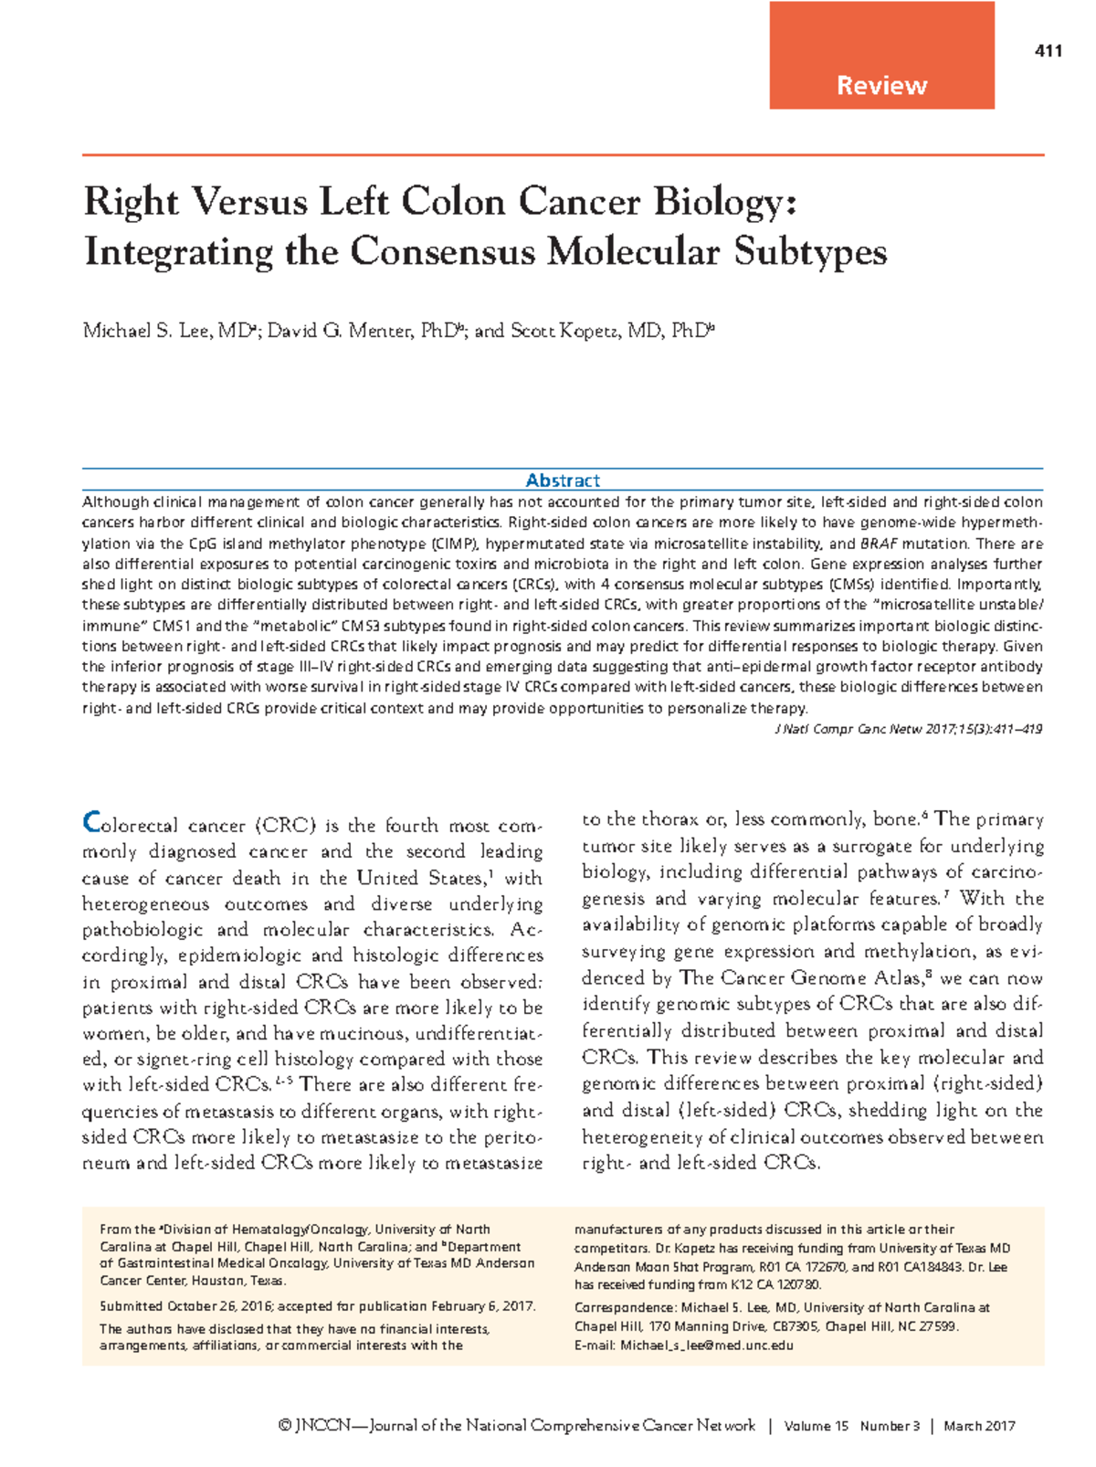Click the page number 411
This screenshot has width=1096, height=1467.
(x=1049, y=51)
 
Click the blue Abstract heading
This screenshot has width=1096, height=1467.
(x=563, y=480)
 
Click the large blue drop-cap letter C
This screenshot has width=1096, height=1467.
(x=91, y=822)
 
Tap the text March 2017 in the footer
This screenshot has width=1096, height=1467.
(x=979, y=1426)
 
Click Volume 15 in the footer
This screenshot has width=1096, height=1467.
(x=816, y=1426)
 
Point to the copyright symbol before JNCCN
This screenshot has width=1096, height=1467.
(x=285, y=1426)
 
